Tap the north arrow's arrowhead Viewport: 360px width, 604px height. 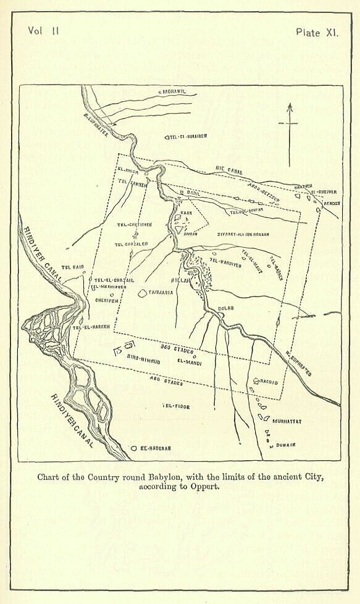coord(289,107)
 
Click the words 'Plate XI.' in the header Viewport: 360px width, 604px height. coord(317,33)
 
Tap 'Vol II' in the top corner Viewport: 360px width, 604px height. coord(43,31)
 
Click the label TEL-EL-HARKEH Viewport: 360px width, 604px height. coord(90,327)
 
